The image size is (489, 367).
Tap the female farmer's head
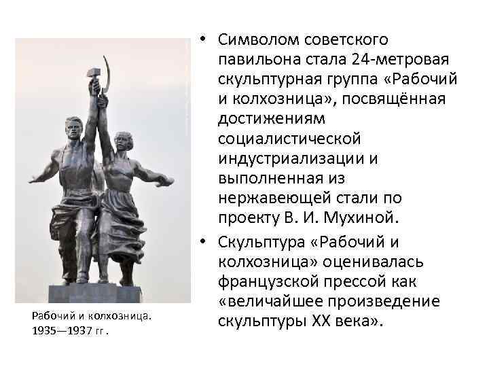123,142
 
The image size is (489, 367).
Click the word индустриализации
295,159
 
